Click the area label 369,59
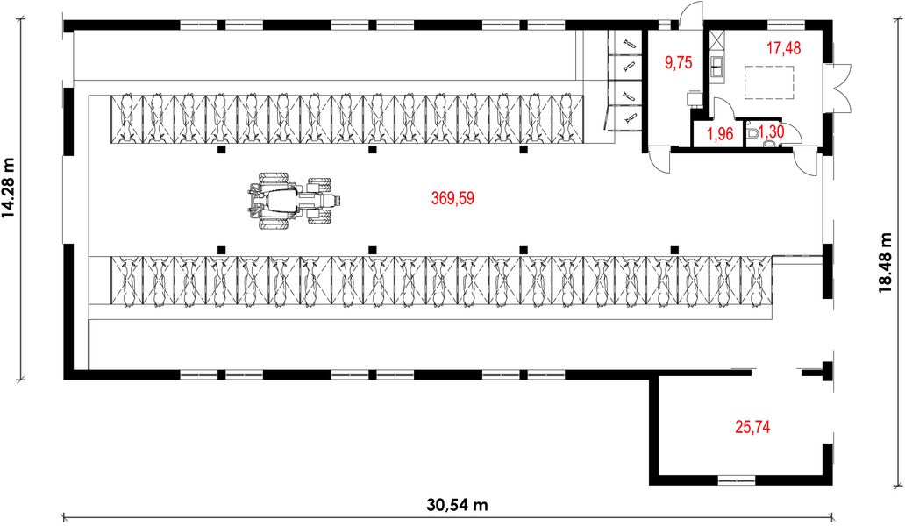pos(452,199)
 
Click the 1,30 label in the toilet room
pos(772,132)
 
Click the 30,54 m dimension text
pos(458,506)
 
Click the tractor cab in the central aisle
pos(283,201)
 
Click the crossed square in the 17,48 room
pos(717,40)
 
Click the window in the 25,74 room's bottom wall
pos(736,480)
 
